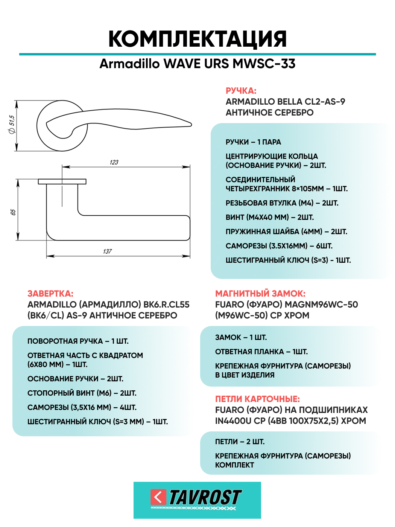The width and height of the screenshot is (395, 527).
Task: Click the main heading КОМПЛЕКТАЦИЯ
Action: tap(197, 39)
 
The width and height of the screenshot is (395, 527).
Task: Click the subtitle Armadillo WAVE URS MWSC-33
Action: tap(197, 64)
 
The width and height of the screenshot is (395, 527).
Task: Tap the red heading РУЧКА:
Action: tap(241, 91)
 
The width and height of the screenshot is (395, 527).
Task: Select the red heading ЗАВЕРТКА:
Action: tap(50, 294)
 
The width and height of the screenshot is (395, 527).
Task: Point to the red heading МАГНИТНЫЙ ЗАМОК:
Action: tap(260, 294)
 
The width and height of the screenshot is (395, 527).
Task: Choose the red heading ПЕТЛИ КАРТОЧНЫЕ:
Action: tap(257, 399)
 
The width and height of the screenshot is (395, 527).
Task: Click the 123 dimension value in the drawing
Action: tap(114, 162)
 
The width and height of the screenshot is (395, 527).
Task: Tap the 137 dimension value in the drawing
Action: tap(108, 251)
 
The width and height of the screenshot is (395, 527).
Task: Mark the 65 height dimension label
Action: tap(13, 212)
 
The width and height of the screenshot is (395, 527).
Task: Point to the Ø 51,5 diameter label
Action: tap(12, 124)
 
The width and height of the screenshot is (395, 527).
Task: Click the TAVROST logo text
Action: tap(205, 497)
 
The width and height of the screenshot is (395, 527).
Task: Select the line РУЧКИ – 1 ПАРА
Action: tap(253, 142)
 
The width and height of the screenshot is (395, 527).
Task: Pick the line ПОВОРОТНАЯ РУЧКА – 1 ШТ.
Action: tap(78, 341)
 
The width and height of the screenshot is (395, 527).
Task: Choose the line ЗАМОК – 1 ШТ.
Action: tap(241, 337)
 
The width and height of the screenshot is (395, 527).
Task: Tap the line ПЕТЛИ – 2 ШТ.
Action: tap(240, 442)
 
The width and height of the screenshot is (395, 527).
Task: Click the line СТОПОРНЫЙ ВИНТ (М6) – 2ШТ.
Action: tap(82, 393)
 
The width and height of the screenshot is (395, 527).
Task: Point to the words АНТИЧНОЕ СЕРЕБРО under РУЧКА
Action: tap(269, 113)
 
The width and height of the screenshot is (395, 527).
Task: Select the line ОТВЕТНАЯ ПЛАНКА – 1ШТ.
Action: tap(261, 352)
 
